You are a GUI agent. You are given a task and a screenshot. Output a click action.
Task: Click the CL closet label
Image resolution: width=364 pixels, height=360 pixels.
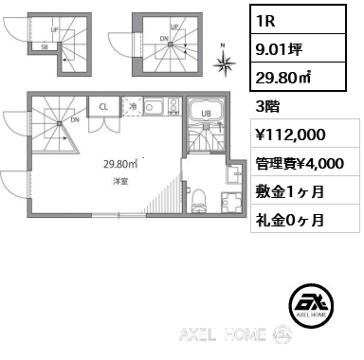pos(103,107)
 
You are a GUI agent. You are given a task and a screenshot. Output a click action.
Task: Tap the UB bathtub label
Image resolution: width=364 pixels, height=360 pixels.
pos(206,114)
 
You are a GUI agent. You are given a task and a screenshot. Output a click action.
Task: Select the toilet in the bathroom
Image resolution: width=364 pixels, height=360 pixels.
pos(199,200)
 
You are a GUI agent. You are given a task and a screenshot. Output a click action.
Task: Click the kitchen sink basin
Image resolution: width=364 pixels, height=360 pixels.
pos(154,106)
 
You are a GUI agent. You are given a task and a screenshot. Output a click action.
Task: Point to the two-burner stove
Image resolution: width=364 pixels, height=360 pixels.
pos(173,106)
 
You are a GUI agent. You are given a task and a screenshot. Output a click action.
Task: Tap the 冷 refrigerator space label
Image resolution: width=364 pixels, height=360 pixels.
pos(133,107)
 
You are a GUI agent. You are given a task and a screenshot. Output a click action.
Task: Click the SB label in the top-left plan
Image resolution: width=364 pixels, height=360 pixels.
pos(45,47)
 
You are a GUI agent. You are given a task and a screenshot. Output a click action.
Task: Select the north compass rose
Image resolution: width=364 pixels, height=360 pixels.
pos(224,63)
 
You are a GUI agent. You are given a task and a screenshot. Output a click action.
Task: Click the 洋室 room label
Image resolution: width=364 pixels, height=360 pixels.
pos(120,181)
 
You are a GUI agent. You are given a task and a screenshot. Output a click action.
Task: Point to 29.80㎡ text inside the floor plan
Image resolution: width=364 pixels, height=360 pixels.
pos(120,164)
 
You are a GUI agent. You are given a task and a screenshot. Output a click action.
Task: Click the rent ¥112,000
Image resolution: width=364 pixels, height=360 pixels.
pos(290,135)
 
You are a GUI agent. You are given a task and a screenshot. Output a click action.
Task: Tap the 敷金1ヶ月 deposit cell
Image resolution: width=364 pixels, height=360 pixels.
pos(305,190)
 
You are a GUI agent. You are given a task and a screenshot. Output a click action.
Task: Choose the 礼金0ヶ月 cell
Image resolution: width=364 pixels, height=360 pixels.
pos(305,219)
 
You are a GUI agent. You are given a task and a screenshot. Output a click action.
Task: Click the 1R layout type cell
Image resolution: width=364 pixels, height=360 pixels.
pos(299,20)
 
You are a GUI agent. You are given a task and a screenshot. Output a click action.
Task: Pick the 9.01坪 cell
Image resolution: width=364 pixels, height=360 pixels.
pos(299,48)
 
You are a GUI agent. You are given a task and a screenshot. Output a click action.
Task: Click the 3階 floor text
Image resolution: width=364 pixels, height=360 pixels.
pos(267,107)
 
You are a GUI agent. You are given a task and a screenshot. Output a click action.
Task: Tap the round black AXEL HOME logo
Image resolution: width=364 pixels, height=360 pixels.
pos(311,306)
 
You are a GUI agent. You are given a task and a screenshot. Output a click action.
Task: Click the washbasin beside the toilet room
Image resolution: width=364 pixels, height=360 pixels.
pos(234,174)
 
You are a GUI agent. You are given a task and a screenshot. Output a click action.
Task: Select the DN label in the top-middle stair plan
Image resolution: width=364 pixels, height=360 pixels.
pos(164,39)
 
